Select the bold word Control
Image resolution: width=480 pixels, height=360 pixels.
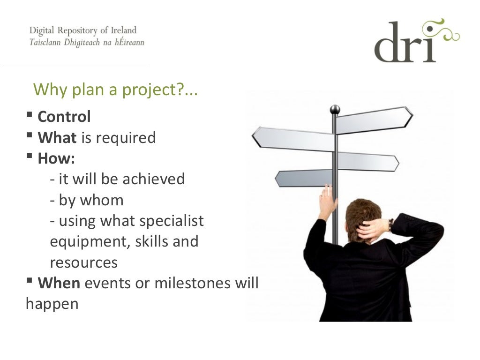coord(64,117)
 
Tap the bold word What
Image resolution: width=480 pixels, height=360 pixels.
coord(57,138)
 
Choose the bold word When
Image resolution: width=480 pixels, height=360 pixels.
coord(59,283)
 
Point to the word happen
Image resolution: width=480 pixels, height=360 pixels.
coord(52,304)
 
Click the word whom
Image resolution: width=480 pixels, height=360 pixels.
coord(102,200)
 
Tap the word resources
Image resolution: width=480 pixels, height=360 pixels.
coord(83,262)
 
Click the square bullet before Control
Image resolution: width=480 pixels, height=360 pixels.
coord(30,115)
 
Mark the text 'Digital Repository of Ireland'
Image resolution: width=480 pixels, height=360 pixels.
coord(83,30)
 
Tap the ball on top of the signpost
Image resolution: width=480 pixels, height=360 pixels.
coord(335,109)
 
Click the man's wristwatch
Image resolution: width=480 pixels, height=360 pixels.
coord(390,225)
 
